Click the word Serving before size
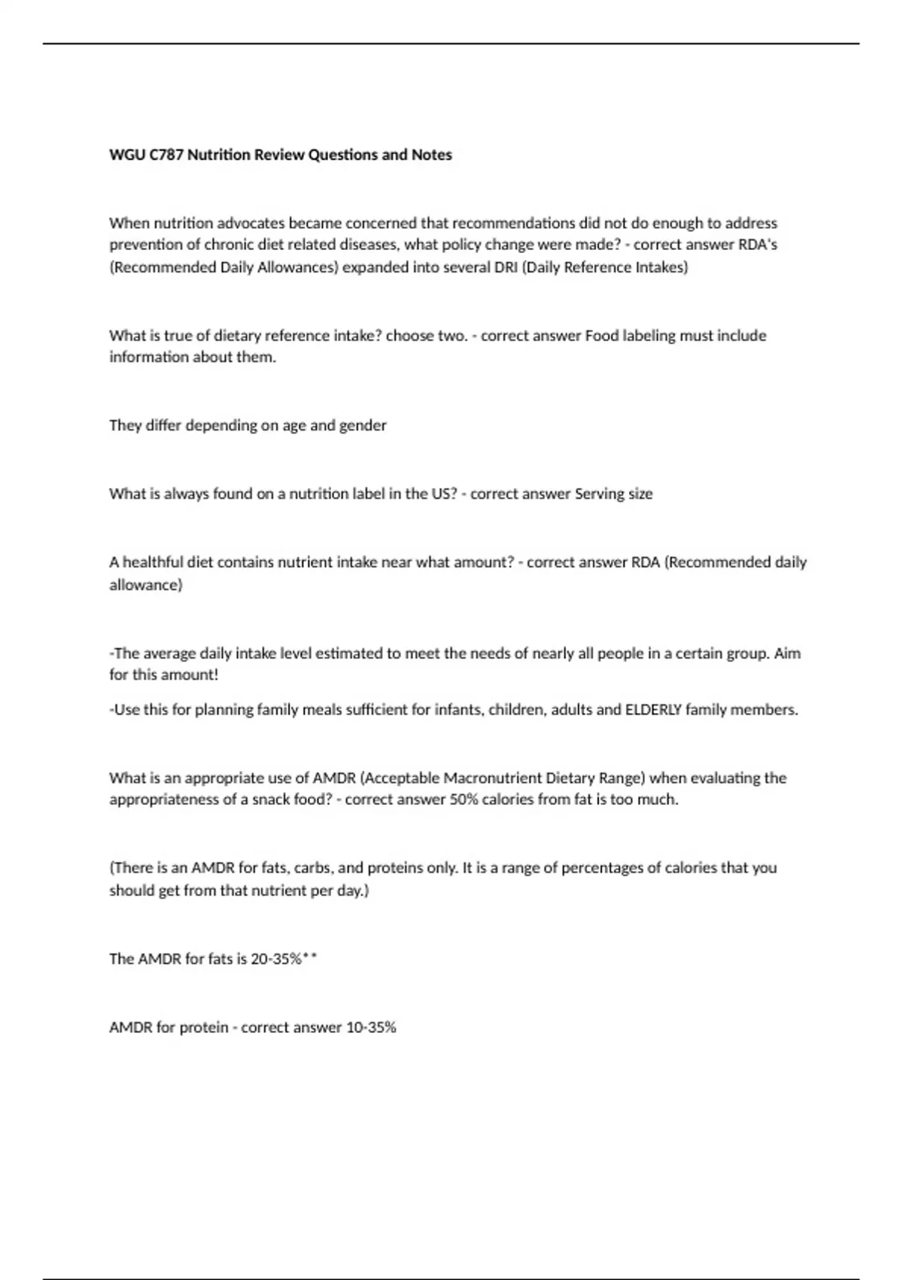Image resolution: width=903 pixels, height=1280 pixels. [x=600, y=494]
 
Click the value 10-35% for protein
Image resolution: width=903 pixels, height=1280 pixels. [x=370, y=1028]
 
